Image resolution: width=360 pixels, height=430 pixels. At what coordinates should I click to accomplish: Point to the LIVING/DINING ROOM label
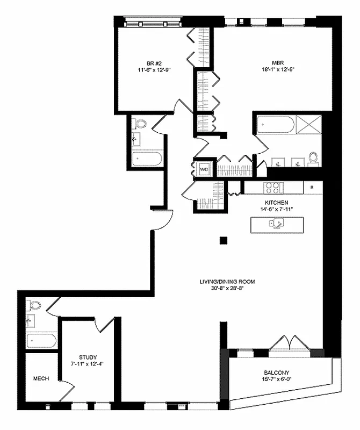tap(227, 282)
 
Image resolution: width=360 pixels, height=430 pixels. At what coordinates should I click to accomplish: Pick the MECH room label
tap(41, 378)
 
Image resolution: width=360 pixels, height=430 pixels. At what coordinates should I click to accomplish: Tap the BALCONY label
tap(277, 372)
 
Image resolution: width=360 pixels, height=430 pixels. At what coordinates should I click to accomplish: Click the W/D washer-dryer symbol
tap(204, 169)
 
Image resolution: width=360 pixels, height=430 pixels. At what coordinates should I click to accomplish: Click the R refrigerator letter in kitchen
tap(312, 188)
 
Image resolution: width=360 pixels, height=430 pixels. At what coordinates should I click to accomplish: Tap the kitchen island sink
tap(277, 225)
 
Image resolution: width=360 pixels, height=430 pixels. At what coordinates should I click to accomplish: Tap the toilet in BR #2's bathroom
tap(141, 124)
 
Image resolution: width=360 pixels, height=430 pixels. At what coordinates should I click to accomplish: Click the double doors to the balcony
tap(289, 342)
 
